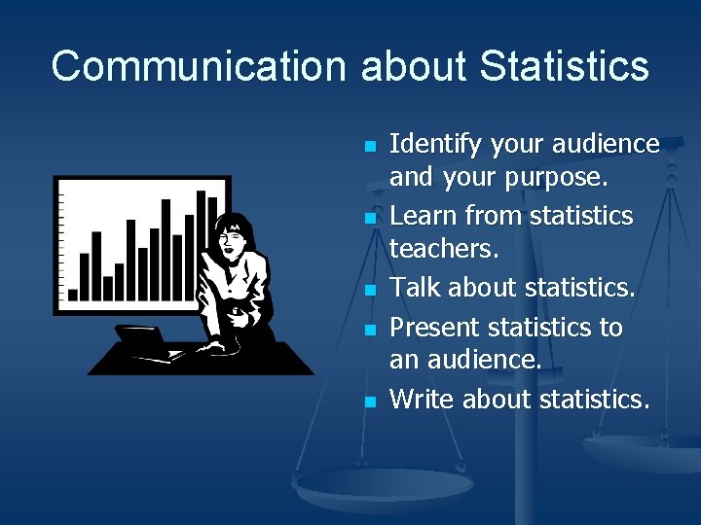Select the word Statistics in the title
565,67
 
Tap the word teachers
444,250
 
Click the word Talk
415,288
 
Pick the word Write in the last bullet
422,399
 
